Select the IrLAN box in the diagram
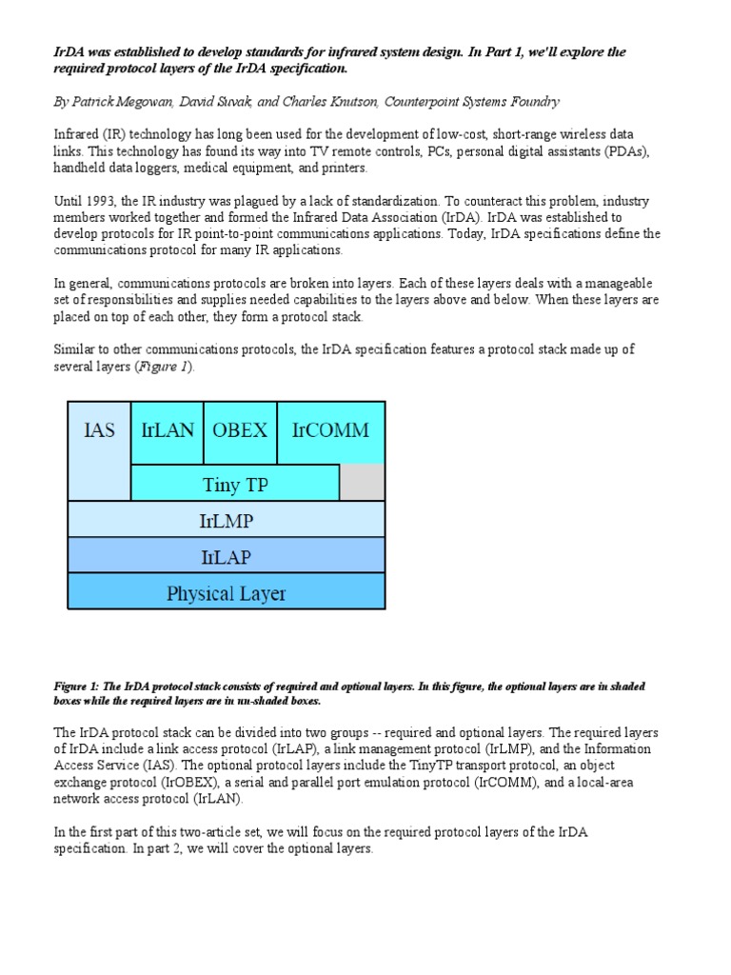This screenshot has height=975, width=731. click(x=167, y=431)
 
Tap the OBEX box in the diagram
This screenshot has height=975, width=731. click(x=240, y=431)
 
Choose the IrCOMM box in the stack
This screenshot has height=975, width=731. click(x=330, y=431)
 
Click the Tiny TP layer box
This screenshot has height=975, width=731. click(x=234, y=484)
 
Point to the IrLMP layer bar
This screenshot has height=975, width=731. click(x=227, y=519)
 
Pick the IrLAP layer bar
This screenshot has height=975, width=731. click(x=227, y=555)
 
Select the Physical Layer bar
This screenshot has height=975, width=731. click(x=227, y=592)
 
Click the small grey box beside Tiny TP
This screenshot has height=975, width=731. click(x=363, y=483)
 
